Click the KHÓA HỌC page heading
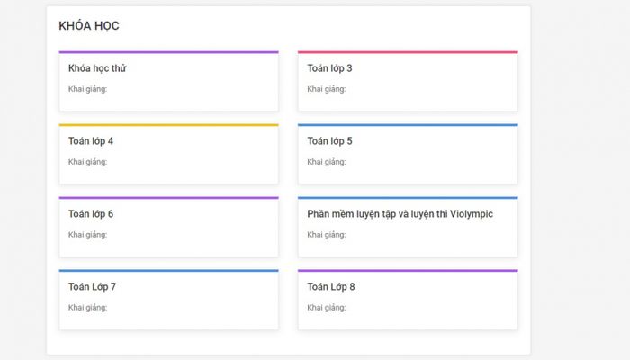pyautogui.click(x=89, y=26)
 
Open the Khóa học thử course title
pyautogui.click(x=97, y=68)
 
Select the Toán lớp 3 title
pyautogui.click(x=329, y=68)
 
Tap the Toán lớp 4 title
pyautogui.click(x=91, y=141)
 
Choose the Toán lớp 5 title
pyautogui.click(x=329, y=141)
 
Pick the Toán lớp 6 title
pyautogui.click(x=91, y=214)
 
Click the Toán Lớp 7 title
pyautogui.click(x=92, y=287)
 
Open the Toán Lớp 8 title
pyautogui.click(x=331, y=287)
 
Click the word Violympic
pyautogui.click(x=472, y=214)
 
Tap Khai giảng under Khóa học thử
pyautogui.click(x=87, y=89)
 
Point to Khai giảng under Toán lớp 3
pyautogui.click(x=326, y=89)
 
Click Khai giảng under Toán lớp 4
pyautogui.click(x=87, y=162)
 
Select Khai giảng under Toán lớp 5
pyautogui.click(x=326, y=162)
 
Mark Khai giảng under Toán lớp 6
pyautogui.click(x=87, y=235)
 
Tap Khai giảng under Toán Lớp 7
pyautogui.click(x=87, y=308)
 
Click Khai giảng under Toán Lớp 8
pyautogui.click(x=326, y=308)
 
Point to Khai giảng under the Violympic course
pyautogui.click(x=326, y=235)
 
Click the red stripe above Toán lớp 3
pyautogui.click(x=408, y=52)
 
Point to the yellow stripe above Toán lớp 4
pyautogui.click(x=169, y=125)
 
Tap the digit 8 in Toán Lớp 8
pyautogui.click(x=352, y=287)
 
